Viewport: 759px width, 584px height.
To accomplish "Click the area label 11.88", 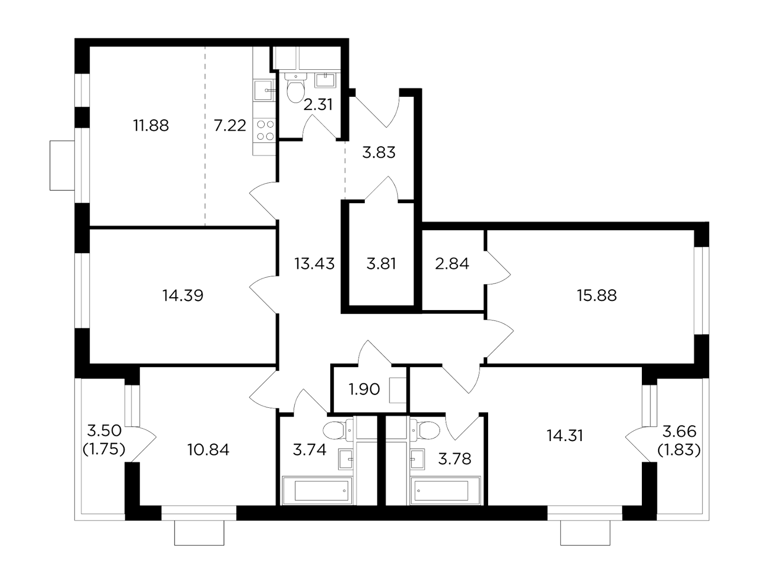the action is pos(151,125).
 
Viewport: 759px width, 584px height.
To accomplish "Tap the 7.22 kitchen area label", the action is pos(230,125).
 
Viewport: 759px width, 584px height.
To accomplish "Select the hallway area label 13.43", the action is pos(315,264).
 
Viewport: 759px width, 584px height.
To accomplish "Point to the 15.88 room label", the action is pos(597,296).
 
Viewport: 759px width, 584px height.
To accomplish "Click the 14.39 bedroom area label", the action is pos(183,296).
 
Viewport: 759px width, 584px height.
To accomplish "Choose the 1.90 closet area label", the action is pos(364,389).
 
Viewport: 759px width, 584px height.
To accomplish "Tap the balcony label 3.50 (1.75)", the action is pos(104,440).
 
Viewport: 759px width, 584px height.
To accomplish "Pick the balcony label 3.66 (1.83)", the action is pos(679,441).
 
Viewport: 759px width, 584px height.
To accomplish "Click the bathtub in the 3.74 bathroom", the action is pos(317,490).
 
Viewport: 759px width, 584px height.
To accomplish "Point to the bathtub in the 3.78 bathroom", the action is pos(445,490).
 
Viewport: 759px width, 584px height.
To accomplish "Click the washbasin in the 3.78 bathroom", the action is pos(417,459).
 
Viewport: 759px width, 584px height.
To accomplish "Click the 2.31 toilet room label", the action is pos(317,105).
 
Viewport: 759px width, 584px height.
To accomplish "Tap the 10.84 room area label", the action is pos(208,450).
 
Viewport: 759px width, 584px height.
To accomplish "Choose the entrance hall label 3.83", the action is pos(379,153).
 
